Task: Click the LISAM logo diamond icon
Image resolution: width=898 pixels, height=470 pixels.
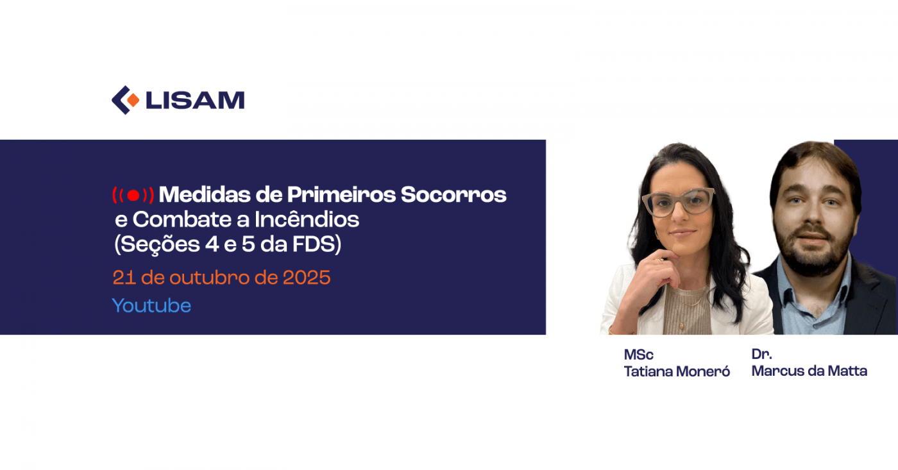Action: (126, 100)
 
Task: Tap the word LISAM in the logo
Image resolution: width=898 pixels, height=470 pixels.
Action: (195, 101)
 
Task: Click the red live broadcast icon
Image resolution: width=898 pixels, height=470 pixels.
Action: (133, 195)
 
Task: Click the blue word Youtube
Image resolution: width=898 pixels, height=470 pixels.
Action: (151, 305)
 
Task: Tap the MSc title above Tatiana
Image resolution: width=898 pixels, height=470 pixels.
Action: (638, 355)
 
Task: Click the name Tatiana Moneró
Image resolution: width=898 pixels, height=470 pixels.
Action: (677, 372)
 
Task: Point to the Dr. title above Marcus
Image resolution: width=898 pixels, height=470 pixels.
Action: (761, 354)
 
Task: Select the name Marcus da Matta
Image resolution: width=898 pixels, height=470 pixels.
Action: (809, 371)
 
